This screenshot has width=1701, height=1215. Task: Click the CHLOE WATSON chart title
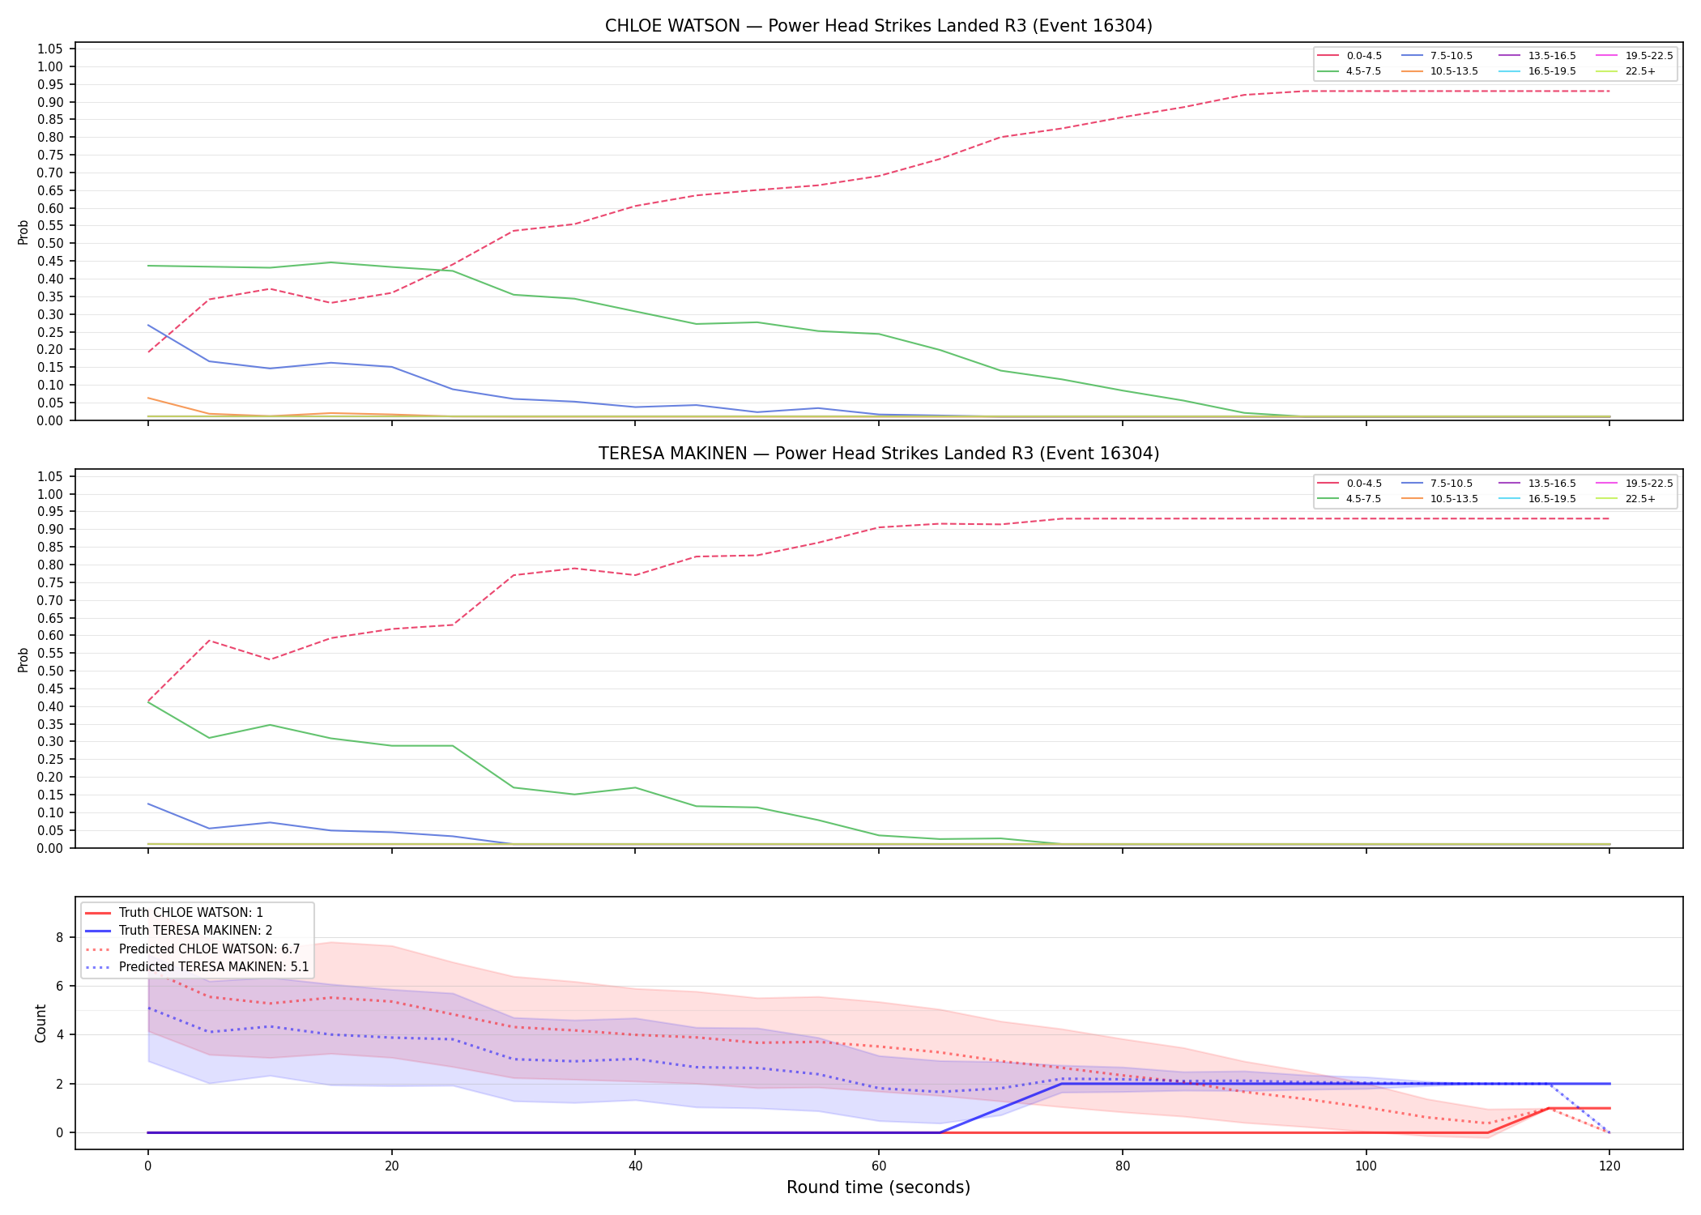coord(878,26)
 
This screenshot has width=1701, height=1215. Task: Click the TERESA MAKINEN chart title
coord(878,454)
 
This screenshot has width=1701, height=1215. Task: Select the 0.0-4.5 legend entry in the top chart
coord(1350,56)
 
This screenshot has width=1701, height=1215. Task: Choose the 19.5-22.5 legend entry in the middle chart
coord(1635,484)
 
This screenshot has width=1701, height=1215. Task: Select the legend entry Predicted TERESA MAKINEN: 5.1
coord(197,967)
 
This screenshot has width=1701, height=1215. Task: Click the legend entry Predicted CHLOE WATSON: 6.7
coord(193,949)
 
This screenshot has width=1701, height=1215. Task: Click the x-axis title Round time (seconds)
coord(878,1187)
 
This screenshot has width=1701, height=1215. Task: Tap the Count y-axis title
coord(40,1023)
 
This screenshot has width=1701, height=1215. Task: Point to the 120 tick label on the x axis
coord(1609,1166)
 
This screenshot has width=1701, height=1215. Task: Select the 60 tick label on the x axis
coord(879,1166)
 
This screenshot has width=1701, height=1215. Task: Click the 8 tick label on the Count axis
coord(59,938)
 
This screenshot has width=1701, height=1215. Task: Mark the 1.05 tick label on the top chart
coord(50,49)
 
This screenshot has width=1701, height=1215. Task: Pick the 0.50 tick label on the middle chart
coord(50,671)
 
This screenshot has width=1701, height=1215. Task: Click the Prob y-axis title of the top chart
coord(23,232)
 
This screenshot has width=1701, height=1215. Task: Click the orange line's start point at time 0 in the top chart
coord(148,398)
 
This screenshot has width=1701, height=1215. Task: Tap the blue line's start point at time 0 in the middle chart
coord(148,804)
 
